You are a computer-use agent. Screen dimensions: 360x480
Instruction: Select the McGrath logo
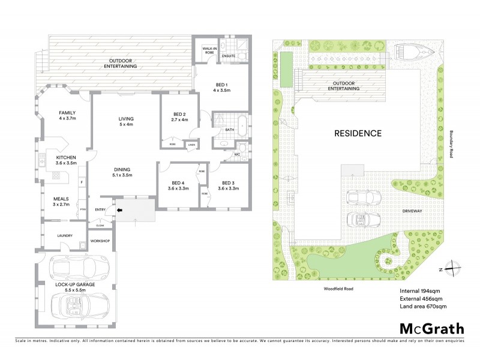point(431,328)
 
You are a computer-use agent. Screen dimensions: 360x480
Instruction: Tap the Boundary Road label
point(450,145)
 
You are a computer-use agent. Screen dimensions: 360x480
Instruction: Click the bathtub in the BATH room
point(240,127)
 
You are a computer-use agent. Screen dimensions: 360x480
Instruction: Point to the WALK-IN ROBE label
point(209,52)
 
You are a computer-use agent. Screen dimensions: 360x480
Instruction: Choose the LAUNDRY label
point(64,236)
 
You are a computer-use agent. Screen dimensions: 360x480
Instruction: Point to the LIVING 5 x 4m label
point(126,122)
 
